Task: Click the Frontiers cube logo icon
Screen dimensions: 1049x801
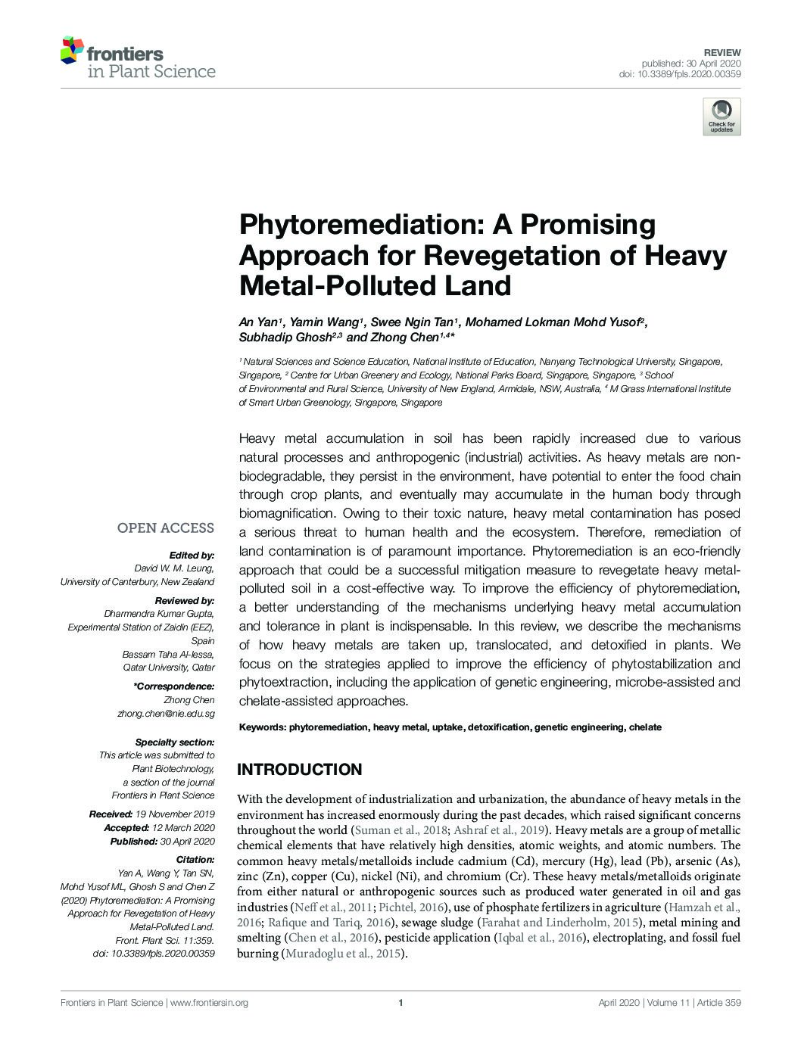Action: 72,50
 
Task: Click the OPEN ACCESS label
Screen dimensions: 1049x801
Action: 165,528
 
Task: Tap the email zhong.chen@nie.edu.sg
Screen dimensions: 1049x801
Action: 166,713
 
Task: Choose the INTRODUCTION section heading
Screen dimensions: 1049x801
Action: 300,770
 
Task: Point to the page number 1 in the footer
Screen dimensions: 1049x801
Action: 399,1003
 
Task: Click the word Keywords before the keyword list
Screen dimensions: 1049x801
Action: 262,727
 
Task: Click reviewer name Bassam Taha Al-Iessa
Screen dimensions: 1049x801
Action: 168,654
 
